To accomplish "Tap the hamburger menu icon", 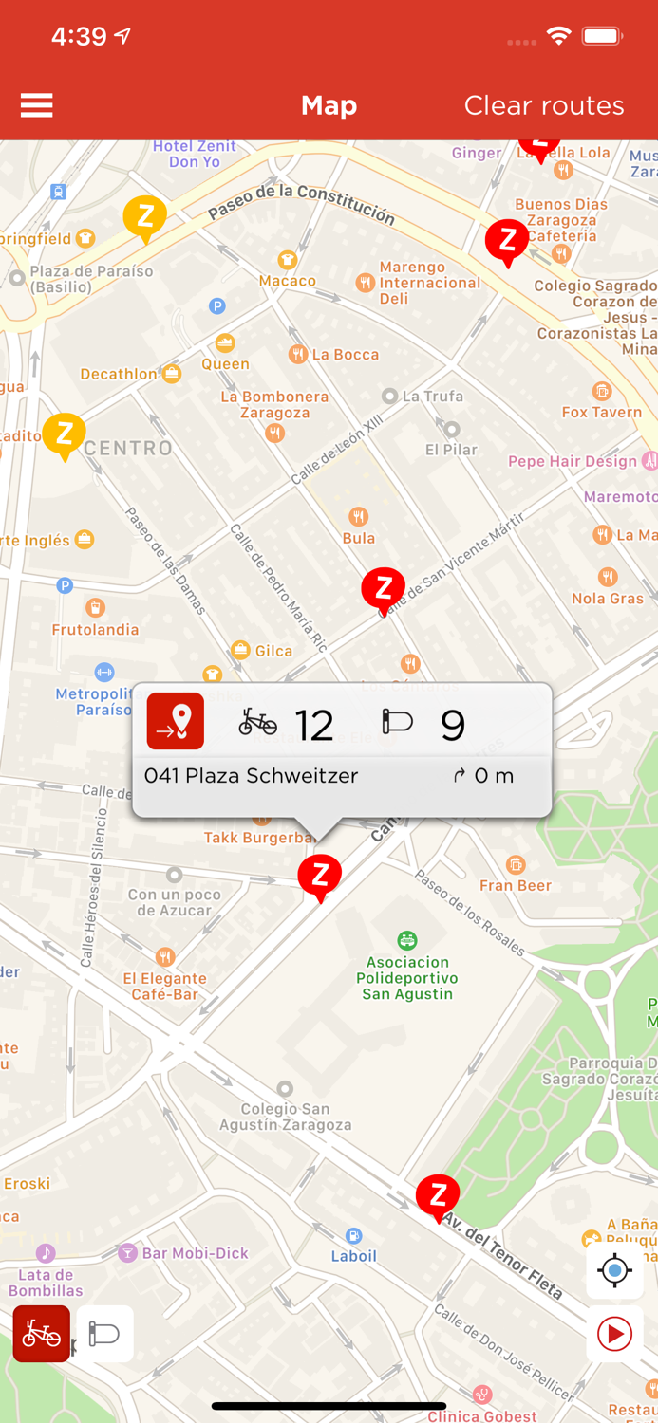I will point(36,105).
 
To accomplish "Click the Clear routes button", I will point(544,105).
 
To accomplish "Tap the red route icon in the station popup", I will point(176,722).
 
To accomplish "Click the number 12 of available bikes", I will point(314,726).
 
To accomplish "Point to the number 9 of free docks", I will point(453,726).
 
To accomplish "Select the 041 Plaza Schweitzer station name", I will point(251,776).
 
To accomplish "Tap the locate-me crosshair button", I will point(614,1270).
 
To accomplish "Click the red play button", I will point(614,1335).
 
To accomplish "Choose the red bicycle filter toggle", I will point(42,1334).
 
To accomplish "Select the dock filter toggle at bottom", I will point(104,1334).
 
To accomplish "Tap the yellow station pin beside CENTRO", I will point(65,435).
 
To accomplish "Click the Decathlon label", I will point(119,374).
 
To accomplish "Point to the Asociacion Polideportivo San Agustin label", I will point(408,978).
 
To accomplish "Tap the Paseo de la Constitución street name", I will point(300,202).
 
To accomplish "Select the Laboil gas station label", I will point(354,1255).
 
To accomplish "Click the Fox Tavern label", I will point(602,412).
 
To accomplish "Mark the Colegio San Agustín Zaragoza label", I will point(285,1117).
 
